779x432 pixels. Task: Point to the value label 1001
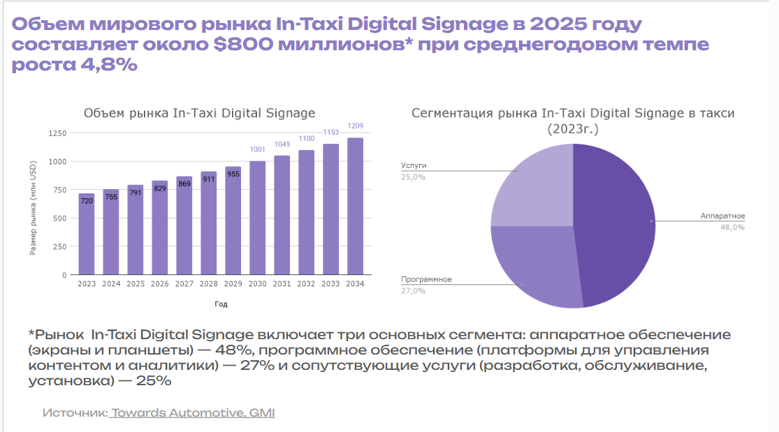click(258, 149)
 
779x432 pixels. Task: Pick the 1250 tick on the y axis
click(58, 133)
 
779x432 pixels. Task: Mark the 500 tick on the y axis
click(61, 218)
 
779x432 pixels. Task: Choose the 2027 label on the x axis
click(184, 284)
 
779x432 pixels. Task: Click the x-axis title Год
click(221, 304)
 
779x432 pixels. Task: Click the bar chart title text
click(199, 113)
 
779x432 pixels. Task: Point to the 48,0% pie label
click(733, 227)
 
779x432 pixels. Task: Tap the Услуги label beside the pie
click(414, 165)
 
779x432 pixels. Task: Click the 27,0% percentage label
click(413, 290)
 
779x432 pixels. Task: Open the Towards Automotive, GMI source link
click(192, 412)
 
